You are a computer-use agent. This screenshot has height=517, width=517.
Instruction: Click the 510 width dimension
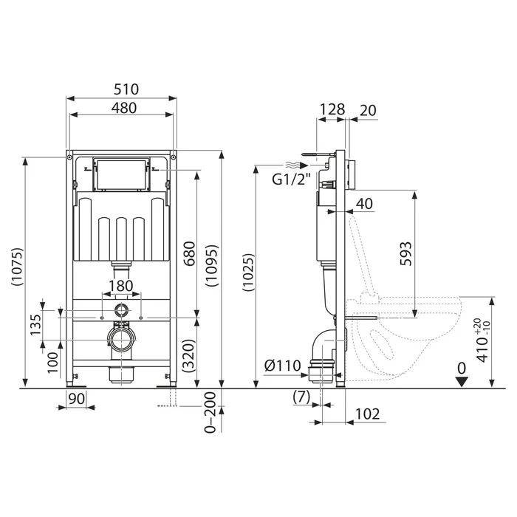pos(126,89)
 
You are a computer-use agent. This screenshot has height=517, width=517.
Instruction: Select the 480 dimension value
pos(124,108)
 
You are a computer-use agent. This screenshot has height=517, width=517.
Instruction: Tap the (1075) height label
pos(17,267)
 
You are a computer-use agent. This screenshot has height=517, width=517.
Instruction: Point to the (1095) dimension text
pos(211,265)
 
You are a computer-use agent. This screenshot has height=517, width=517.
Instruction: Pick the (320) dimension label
pos(189,356)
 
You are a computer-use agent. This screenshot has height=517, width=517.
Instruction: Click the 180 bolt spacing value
pos(121,286)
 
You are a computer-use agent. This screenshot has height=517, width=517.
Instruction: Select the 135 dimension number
pos(35,325)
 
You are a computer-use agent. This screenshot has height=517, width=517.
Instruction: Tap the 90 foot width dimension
pos(77,399)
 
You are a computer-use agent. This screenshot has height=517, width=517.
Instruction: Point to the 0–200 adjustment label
pos(210,412)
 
